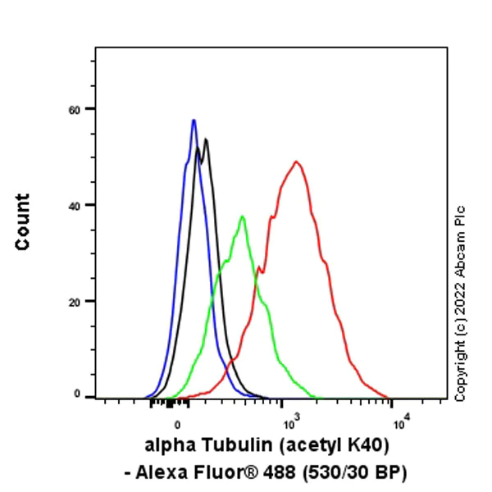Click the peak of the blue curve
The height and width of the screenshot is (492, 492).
[194, 121]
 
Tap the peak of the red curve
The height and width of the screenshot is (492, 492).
[296, 162]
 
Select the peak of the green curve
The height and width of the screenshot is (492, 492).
[242, 216]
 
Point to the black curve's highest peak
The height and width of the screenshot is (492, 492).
[206, 139]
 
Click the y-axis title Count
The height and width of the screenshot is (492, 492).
[22, 221]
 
